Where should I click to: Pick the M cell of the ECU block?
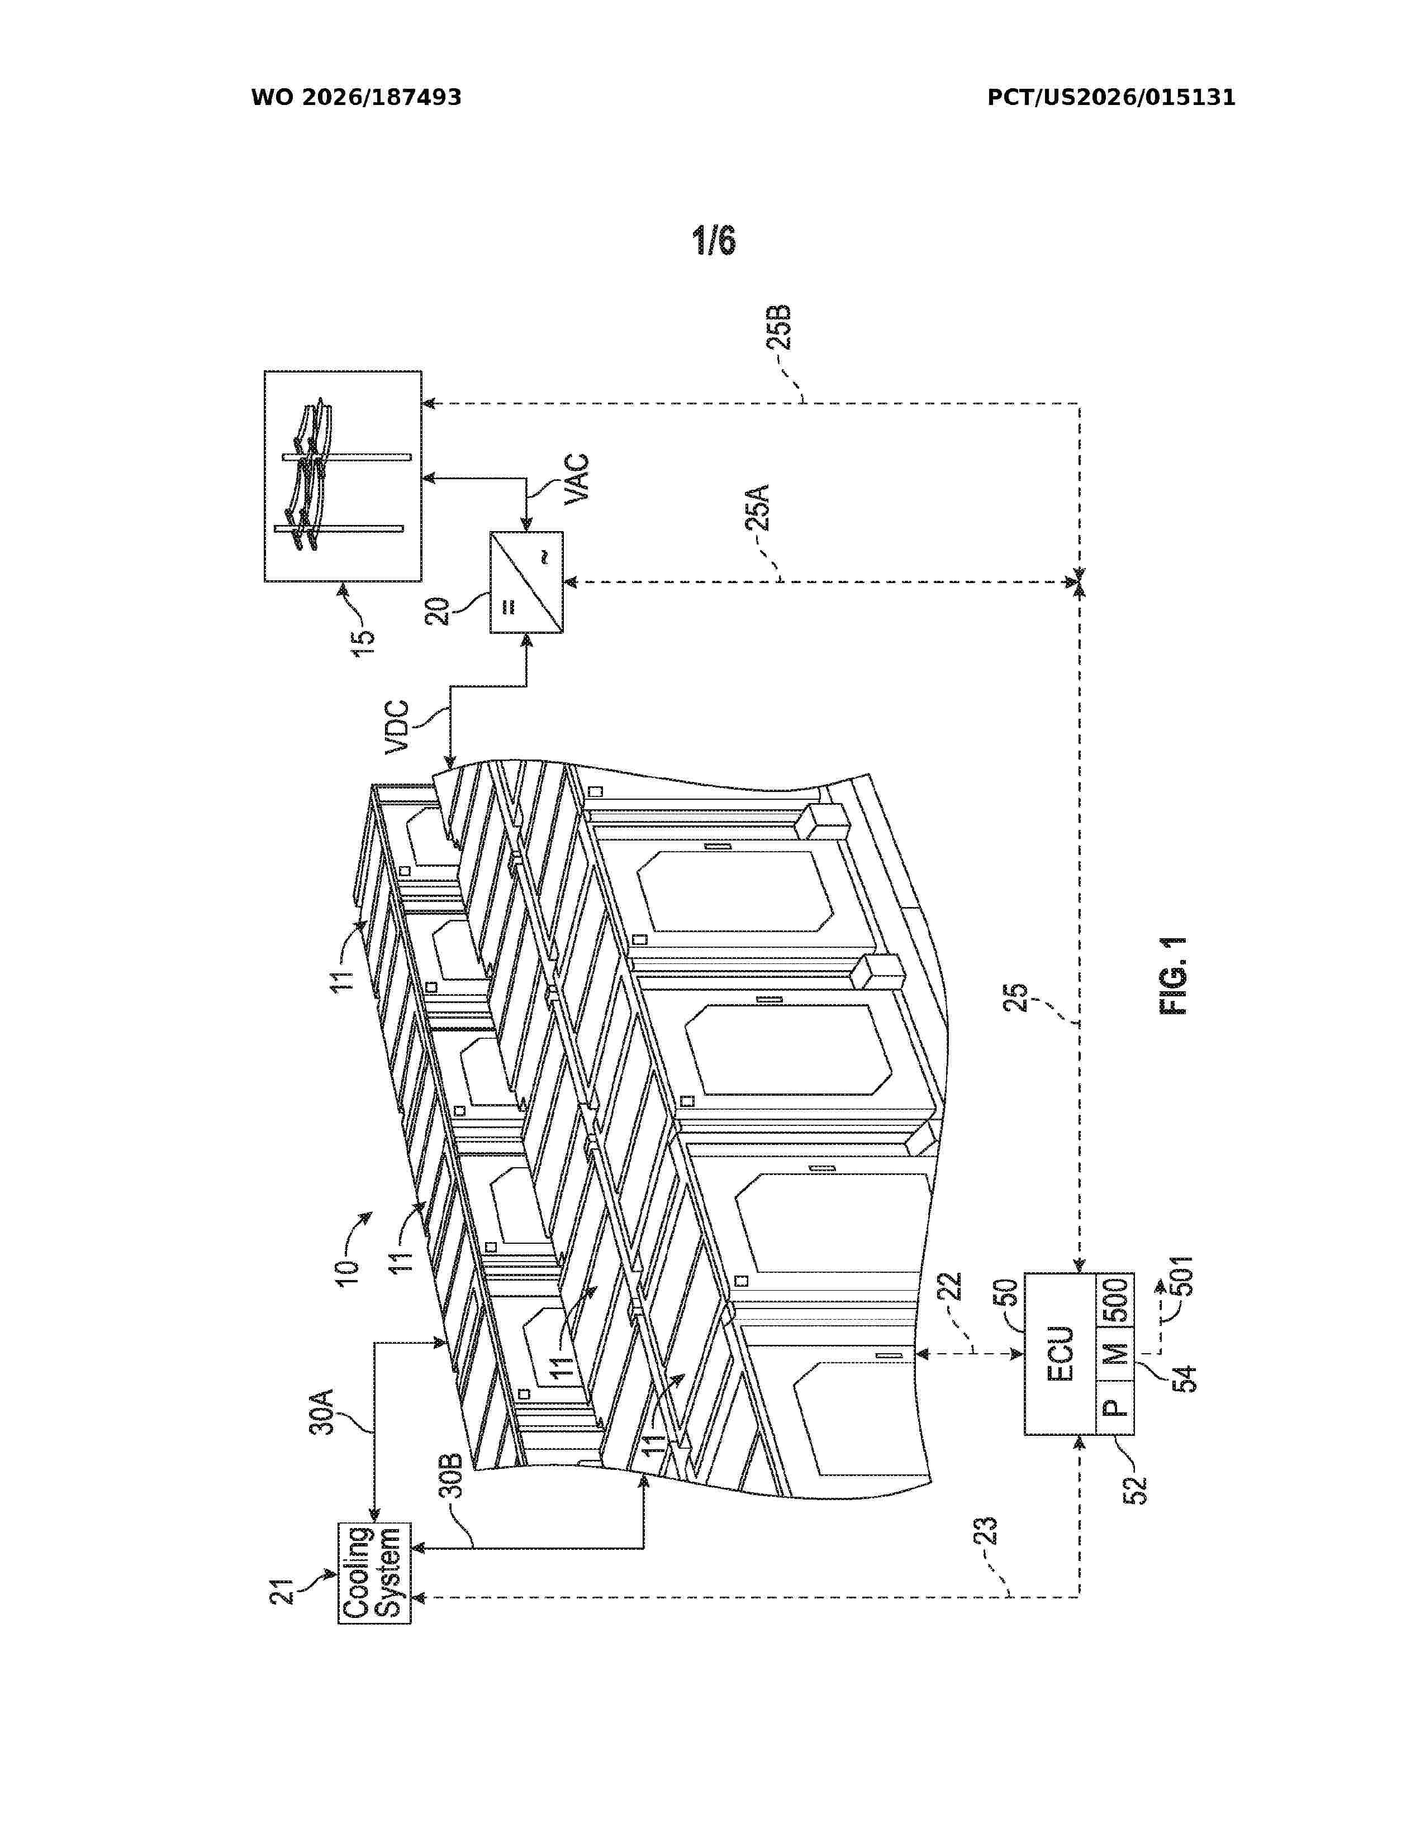pos(1114,1353)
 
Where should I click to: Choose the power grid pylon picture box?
pos(343,476)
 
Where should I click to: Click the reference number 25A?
pos(757,507)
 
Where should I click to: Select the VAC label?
pos(577,479)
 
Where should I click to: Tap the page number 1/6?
pos(714,241)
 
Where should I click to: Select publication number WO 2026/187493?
pos(357,98)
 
